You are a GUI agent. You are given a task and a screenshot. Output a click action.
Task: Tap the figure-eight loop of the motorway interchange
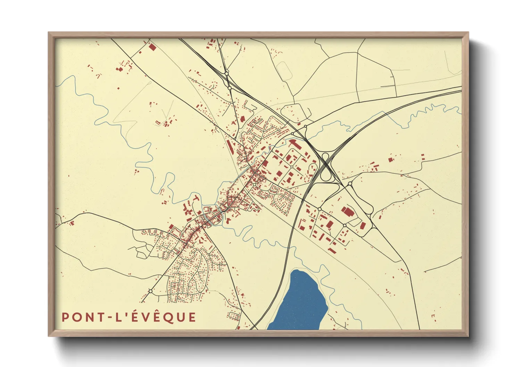(x=325, y=167)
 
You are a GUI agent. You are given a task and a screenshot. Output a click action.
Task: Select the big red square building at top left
(x=152, y=47)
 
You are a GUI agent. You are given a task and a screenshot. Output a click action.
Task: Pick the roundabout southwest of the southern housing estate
(x=150, y=291)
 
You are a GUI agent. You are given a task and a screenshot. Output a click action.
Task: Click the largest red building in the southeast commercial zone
(x=347, y=212)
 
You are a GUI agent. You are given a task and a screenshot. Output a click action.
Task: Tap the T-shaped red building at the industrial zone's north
(x=293, y=143)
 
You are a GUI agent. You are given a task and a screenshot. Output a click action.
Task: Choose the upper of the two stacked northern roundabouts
(x=226, y=74)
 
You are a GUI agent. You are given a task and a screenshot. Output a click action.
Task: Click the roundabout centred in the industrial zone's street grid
(x=291, y=167)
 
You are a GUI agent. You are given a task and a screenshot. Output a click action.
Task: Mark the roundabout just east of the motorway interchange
(x=350, y=184)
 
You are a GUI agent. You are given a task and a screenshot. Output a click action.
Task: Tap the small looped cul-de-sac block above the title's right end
(x=234, y=316)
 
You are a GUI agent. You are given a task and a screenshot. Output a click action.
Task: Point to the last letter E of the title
(x=192, y=317)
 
